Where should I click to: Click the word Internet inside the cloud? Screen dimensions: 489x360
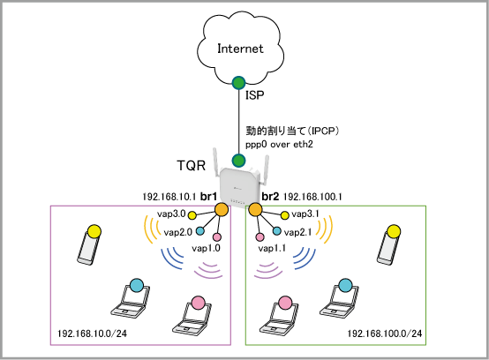point(240,49)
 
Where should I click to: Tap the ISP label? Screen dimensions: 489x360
point(255,95)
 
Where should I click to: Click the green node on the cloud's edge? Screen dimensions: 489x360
point(238,83)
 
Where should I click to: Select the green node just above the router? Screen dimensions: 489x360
point(238,161)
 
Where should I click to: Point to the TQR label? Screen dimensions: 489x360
point(192,166)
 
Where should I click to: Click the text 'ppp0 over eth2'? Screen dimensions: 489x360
point(279,145)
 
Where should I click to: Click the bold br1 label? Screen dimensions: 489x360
point(208,197)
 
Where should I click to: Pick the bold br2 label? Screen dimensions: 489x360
point(270,197)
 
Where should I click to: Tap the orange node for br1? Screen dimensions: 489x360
point(222,209)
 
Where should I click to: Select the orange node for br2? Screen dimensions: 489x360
point(255,209)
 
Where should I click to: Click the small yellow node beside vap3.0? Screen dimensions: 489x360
point(192,215)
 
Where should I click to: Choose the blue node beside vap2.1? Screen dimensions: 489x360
point(276,231)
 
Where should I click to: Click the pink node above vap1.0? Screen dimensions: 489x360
point(217,237)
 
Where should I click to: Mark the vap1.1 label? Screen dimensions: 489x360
point(272,249)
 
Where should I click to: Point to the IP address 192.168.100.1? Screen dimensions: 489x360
point(312,197)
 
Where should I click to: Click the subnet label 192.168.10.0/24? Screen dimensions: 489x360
point(93,334)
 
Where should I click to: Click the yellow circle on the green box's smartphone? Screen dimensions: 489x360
point(394,231)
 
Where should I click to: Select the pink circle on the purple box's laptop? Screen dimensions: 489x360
point(198,303)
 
